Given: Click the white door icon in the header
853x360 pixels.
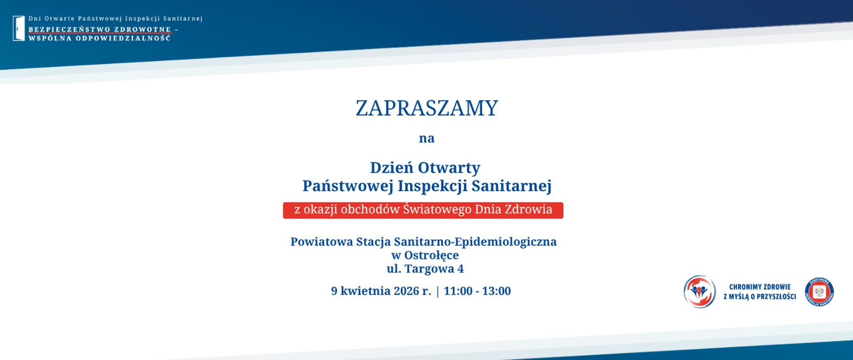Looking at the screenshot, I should [x=19, y=28].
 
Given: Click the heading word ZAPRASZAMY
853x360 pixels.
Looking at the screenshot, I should [x=426, y=108].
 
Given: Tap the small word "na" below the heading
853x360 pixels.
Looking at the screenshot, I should [x=426, y=138].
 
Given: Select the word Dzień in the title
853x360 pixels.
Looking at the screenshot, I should [x=391, y=168].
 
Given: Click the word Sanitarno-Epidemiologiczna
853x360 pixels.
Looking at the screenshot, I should [x=475, y=242].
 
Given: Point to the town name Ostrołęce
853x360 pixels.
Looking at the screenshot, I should [x=431, y=256].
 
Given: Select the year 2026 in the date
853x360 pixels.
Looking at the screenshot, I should [x=406, y=291].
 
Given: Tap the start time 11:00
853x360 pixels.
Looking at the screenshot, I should [x=458, y=291].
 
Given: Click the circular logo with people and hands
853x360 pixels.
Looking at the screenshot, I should [x=700, y=292].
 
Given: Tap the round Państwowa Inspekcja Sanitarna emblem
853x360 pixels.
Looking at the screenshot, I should [x=819, y=292].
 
